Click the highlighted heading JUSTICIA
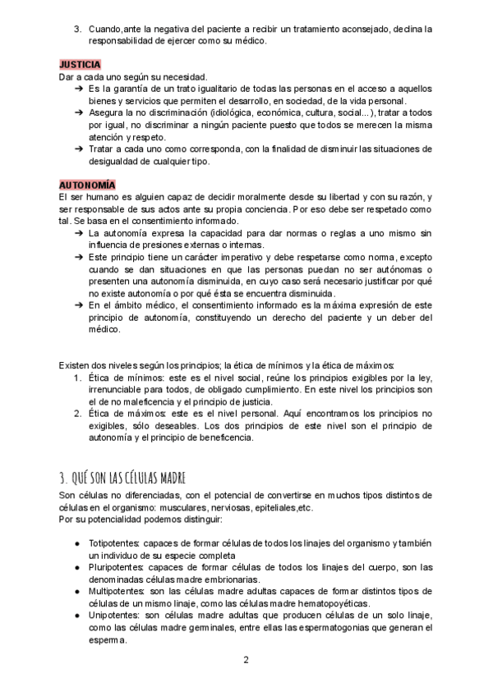pos(81,63)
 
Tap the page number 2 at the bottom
pos(246,659)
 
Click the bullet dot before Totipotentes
pos(76,544)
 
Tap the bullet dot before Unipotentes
pos(76,615)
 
